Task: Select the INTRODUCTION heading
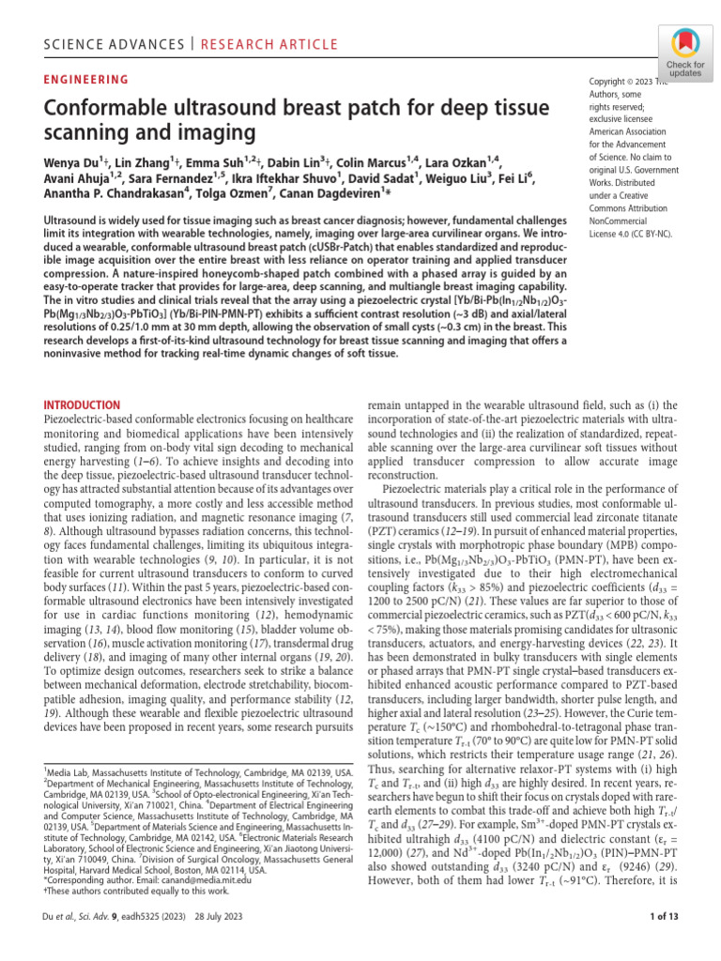pyautogui.click(x=84, y=404)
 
